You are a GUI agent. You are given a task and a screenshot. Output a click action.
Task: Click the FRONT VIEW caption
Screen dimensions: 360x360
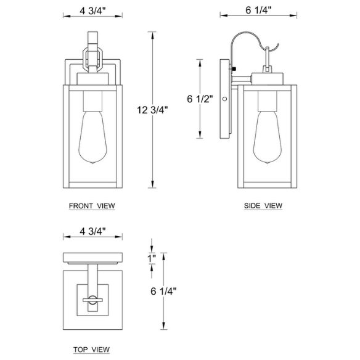[x=92, y=206]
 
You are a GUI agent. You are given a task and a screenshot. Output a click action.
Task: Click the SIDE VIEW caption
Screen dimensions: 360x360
[x=263, y=205]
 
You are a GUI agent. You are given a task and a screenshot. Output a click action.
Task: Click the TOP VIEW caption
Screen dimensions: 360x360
[x=91, y=350]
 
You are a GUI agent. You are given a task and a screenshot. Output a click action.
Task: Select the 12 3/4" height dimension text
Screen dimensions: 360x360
[x=152, y=110]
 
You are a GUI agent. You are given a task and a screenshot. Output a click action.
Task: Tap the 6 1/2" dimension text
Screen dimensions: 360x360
[x=200, y=99]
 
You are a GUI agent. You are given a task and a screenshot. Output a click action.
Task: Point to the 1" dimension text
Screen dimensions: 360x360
[x=152, y=258]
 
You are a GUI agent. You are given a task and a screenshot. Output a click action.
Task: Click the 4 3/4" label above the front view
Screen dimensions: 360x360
[x=92, y=10]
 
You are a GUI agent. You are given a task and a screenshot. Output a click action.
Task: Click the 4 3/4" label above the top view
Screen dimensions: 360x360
[x=92, y=231]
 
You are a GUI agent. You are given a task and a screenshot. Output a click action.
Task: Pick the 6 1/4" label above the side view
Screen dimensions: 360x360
[x=258, y=10]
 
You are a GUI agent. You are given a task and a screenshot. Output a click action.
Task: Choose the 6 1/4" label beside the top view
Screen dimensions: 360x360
[x=163, y=291]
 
